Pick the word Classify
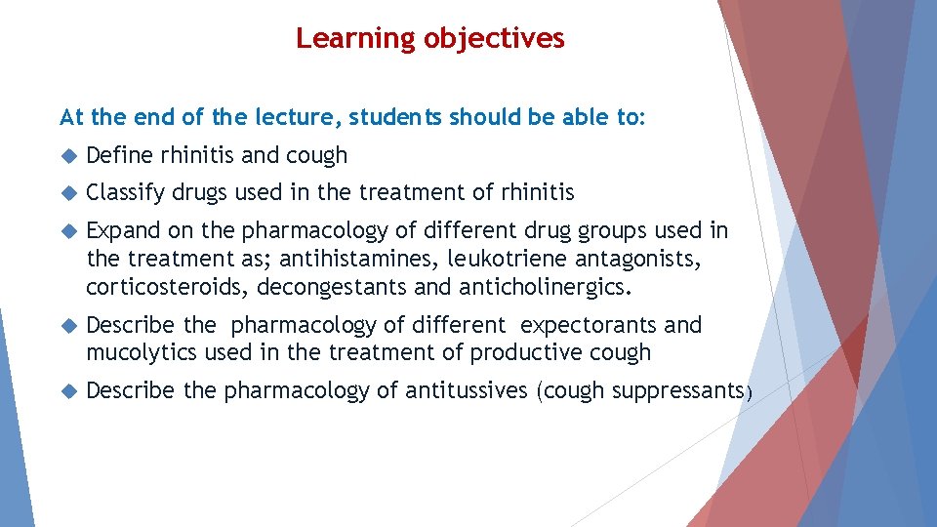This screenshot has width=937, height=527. pyautogui.click(x=126, y=193)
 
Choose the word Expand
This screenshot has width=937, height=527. pyautogui.click(x=122, y=230)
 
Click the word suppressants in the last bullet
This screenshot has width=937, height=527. pyautogui.click(x=674, y=391)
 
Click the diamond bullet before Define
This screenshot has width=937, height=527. pyautogui.click(x=68, y=156)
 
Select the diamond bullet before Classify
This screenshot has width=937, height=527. pyautogui.click(x=68, y=193)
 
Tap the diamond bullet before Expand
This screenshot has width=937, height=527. pyautogui.click(x=68, y=231)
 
